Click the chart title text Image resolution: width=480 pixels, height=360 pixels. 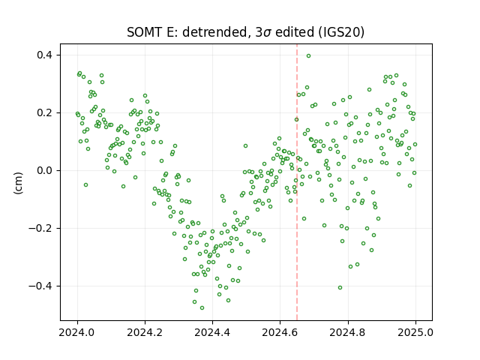pos(245,32)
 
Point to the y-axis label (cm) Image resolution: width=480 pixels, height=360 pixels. pos(18,183)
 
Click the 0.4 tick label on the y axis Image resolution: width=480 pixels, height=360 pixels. pos(45,55)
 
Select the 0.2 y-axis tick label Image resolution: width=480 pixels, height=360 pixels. pos(45,113)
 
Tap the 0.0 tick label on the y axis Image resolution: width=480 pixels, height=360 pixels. pos(45,170)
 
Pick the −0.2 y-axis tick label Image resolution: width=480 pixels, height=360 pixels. pos(41,228)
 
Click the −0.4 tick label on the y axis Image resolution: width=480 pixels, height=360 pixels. pos(41,286)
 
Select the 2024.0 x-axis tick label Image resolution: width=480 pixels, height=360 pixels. pos(77,332)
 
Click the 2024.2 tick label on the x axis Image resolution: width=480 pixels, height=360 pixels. pos(145,332)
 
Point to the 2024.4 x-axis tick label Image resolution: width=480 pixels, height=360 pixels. pos(212,332)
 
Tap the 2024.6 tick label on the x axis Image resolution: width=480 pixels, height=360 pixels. pos(280,332)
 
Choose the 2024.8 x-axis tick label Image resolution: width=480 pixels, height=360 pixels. pos(348,332)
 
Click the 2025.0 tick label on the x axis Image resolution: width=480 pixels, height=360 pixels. pos(415,332)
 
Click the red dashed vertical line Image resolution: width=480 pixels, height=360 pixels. pos(297,182)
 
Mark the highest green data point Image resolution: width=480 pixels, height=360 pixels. pos(308,55)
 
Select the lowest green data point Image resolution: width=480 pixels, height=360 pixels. pos(202,307)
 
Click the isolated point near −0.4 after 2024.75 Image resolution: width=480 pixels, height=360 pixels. pos(340,287)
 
